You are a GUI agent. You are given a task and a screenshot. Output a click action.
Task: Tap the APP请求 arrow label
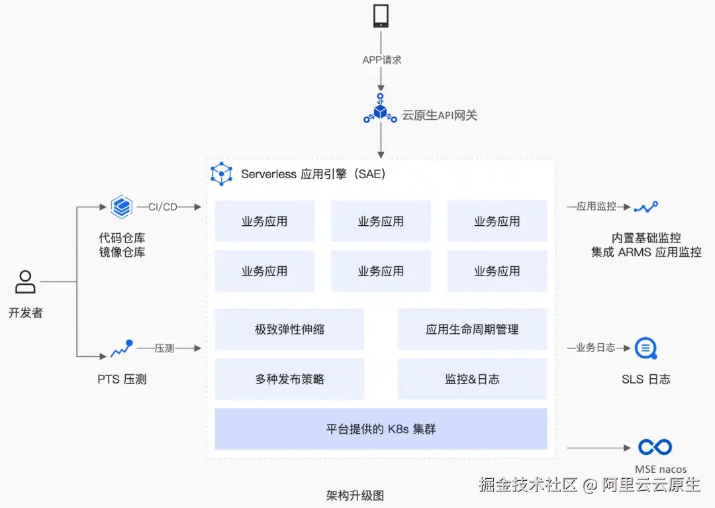click(x=381, y=60)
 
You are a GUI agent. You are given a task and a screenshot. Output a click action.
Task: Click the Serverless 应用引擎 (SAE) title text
click(x=312, y=174)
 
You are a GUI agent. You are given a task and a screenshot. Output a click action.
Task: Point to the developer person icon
click(x=25, y=282)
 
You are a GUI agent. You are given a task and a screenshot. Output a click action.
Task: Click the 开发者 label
click(x=25, y=313)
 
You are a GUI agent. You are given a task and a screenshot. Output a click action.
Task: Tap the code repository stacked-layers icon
click(x=122, y=207)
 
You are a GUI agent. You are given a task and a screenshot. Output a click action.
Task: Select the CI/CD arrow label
click(x=163, y=207)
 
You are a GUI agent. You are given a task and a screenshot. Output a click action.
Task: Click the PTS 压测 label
click(x=122, y=380)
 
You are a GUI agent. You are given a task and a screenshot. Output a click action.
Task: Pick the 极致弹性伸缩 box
click(x=289, y=329)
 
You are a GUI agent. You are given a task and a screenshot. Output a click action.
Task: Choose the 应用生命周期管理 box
click(x=472, y=329)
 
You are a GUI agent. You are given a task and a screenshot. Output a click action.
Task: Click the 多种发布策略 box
click(x=289, y=380)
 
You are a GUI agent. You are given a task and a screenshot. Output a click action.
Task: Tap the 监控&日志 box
click(x=472, y=380)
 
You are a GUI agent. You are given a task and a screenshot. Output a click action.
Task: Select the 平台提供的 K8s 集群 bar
click(x=381, y=429)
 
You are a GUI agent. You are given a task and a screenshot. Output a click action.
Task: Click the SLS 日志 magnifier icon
click(x=645, y=348)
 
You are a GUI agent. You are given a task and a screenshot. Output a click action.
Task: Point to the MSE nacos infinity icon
click(x=654, y=448)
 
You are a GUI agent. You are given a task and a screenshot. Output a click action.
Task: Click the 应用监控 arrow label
click(x=596, y=207)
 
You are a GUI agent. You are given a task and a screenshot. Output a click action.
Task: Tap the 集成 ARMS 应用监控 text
click(x=646, y=252)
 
